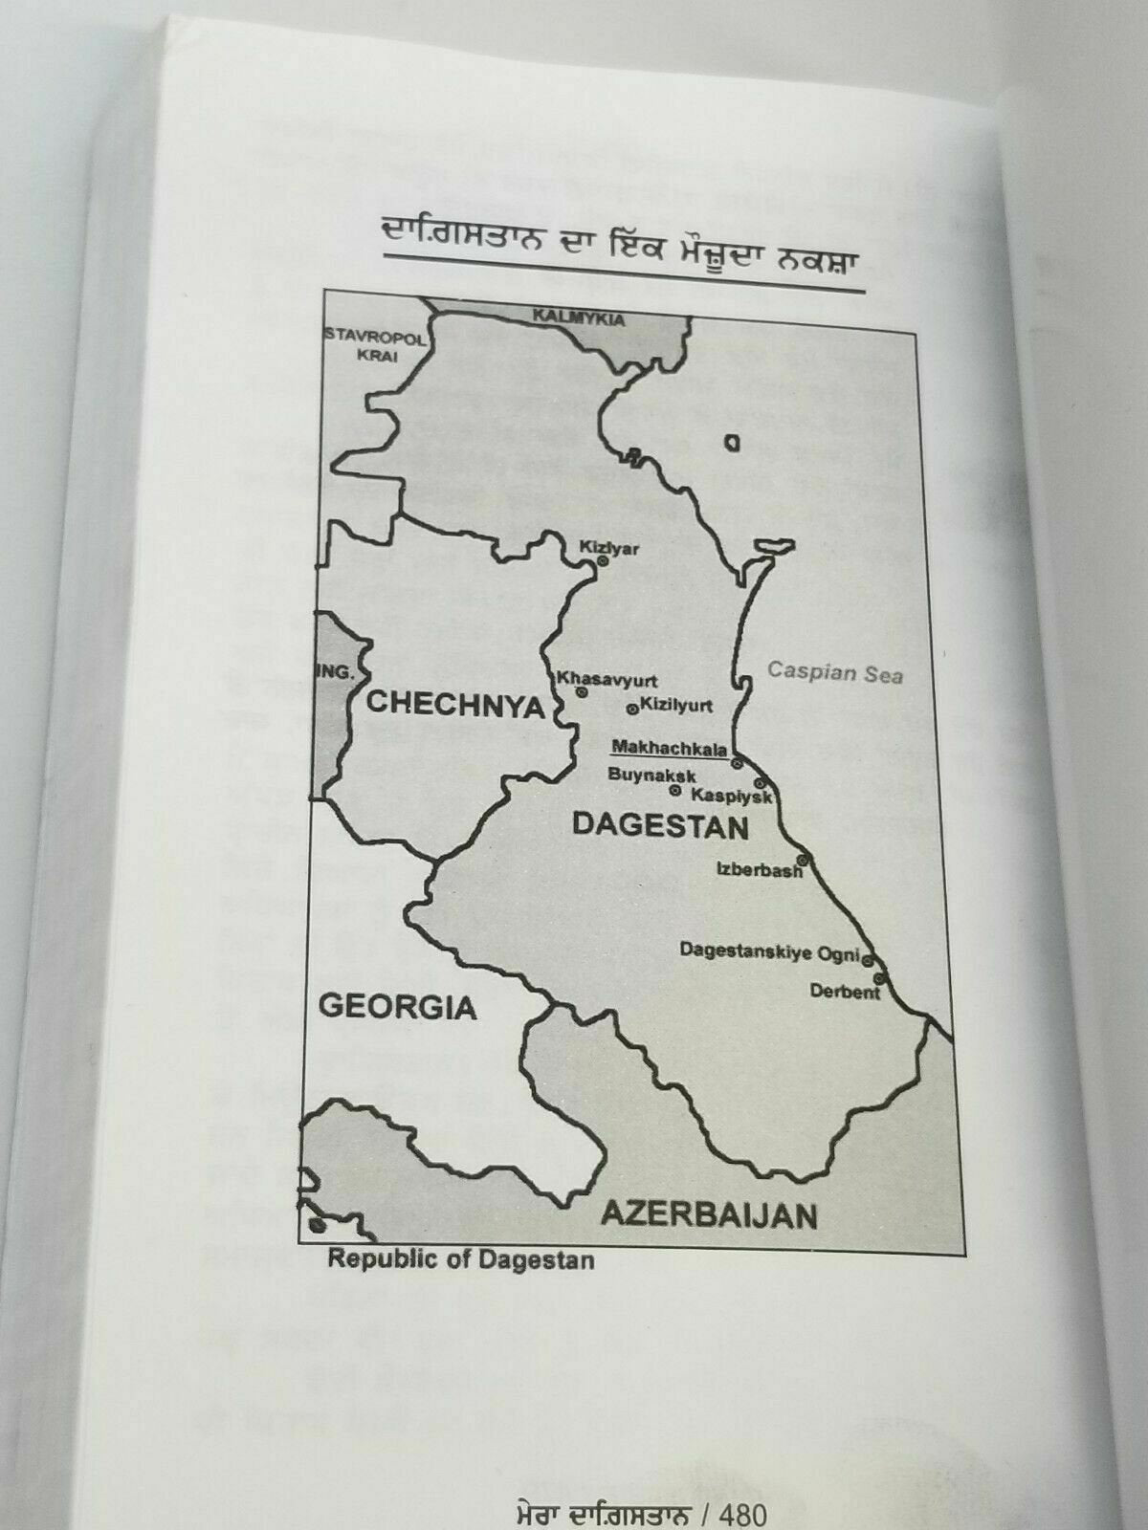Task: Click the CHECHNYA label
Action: [454, 705]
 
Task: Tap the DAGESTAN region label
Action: [660, 824]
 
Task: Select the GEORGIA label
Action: [396, 1006]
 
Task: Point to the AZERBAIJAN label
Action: [708, 1215]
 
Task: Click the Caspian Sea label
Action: [834, 672]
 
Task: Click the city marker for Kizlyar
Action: [603, 562]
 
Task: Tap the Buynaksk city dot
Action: [675, 791]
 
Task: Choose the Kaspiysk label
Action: [732, 796]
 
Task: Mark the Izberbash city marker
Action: [803, 860]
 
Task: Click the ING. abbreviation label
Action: [335, 672]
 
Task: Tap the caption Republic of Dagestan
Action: [461, 1259]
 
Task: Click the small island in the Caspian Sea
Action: [733, 443]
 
